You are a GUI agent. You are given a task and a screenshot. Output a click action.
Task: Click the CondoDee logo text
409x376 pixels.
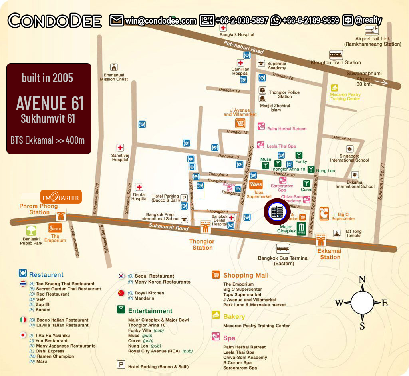pyautogui.click(x=55, y=20)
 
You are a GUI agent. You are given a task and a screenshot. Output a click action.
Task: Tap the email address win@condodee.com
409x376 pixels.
pyautogui.click(x=160, y=20)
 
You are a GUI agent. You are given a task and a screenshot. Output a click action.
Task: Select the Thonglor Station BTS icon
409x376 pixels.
pyautogui.click(x=206, y=228)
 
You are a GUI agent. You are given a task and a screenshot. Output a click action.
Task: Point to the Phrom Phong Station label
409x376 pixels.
pyautogui.click(x=39, y=209)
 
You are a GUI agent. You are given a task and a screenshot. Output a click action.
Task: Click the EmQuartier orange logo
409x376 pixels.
pyautogui.click(x=61, y=197)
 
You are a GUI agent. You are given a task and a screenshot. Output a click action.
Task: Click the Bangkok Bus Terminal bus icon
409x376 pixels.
pyautogui.click(x=283, y=249)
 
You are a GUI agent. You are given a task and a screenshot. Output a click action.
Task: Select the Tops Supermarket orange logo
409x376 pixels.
pyautogui.click(x=256, y=184)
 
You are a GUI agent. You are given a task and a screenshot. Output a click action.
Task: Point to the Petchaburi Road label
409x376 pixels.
pyautogui.click(x=244, y=47)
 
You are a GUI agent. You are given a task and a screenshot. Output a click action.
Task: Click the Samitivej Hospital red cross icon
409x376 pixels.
pyautogui.click(x=120, y=148)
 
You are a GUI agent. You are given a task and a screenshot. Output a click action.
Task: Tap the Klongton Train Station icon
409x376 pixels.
pyautogui.click(x=336, y=55)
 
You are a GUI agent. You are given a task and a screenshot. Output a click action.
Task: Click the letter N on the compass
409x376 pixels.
pyautogui.click(x=362, y=279)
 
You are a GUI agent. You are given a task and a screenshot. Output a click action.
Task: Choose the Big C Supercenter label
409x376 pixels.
pyautogui.click(x=343, y=216)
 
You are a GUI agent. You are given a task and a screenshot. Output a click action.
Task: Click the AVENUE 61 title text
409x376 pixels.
pyautogui.click(x=50, y=103)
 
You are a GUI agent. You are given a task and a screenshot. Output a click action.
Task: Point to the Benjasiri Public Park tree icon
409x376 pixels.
pyautogui.click(x=31, y=231)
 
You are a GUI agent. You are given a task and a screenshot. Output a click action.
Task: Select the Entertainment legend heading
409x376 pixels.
pyautogui.click(x=150, y=311)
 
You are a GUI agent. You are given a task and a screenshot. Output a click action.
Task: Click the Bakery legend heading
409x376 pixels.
pyautogui.click(x=234, y=316)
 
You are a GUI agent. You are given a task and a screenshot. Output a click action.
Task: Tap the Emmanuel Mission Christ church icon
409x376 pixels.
pyautogui.click(x=115, y=67)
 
